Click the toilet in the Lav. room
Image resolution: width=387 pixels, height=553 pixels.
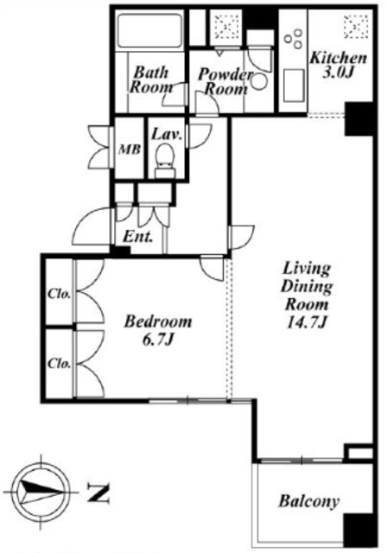pos(165,161)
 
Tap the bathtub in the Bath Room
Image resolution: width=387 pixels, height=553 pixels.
pos(149,30)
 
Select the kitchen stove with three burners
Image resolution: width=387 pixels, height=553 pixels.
pos(294,38)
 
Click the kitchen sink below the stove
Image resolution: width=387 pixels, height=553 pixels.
pos(293,86)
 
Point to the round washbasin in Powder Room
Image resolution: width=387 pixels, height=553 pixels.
pos(259,82)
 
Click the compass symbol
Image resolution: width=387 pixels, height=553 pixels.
pos(41,492)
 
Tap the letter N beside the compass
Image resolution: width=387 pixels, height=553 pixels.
pos(98,493)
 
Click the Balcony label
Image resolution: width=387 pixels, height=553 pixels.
pos(308,501)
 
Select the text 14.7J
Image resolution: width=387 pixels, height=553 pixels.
pos(306,322)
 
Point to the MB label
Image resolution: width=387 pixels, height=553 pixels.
pos(130,149)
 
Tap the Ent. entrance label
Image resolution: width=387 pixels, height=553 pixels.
pos(138,237)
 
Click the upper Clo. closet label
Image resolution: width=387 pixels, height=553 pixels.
pos(59,294)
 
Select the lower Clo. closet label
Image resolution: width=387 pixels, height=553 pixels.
pos(59,363)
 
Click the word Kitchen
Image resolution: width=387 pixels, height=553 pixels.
pos(339,58)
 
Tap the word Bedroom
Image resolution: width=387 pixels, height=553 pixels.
pos(159,321)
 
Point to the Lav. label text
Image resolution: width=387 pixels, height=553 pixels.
pos(167,135)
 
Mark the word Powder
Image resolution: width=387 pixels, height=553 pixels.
pos(226,74)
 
